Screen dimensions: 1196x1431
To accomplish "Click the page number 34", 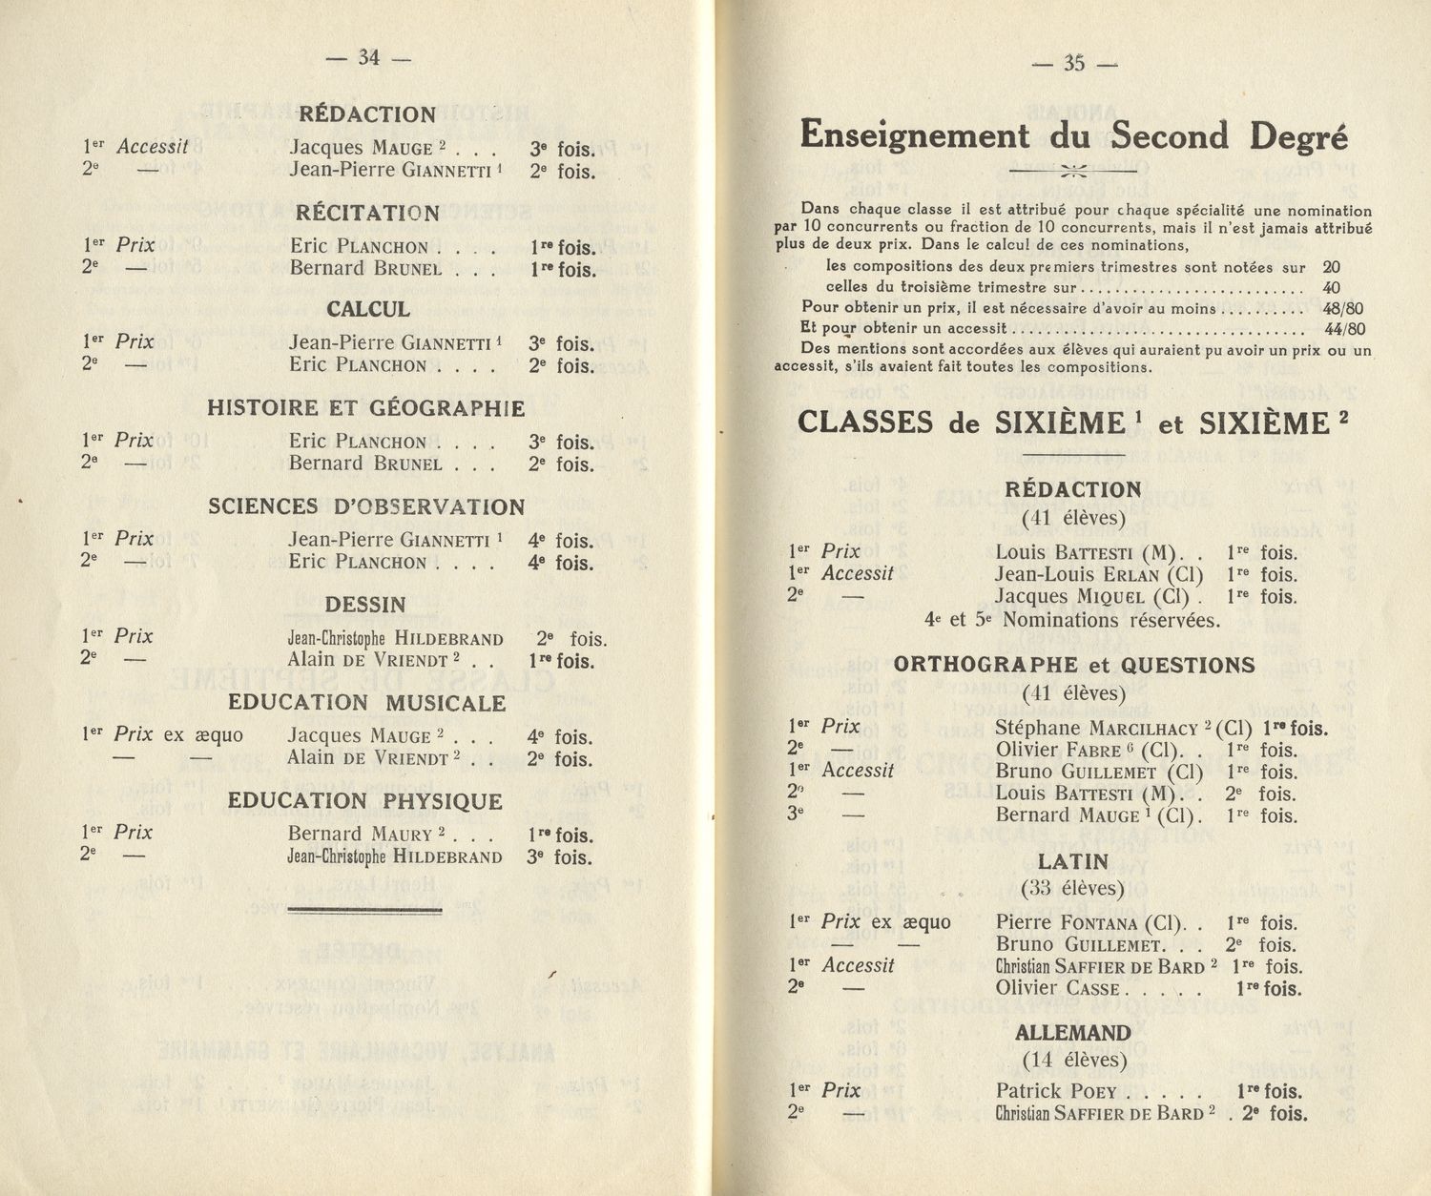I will coord(368,57).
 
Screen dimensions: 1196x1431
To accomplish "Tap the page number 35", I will coord(1074,63).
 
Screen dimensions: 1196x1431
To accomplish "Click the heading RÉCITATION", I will coord(367,213).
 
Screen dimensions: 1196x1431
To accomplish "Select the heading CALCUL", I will coord(368,309).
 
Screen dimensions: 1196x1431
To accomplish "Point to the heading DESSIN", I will coord(365,605).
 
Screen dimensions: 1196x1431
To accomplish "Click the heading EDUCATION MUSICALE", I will coord(366,703).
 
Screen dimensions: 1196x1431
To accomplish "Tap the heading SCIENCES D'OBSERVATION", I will coord(366,506).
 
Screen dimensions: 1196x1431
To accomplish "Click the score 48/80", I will coord(1343,309).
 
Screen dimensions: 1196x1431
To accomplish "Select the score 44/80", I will coord(1343,330).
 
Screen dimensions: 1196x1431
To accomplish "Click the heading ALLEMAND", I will coord(1073,1034).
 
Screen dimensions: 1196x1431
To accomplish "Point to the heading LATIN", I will coord(1073,862).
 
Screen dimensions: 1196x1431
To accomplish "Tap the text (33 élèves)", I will coord(1073,889).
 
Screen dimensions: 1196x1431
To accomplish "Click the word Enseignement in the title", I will coord(915,135).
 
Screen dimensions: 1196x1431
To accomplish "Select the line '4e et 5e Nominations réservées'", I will coord(1072,620).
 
